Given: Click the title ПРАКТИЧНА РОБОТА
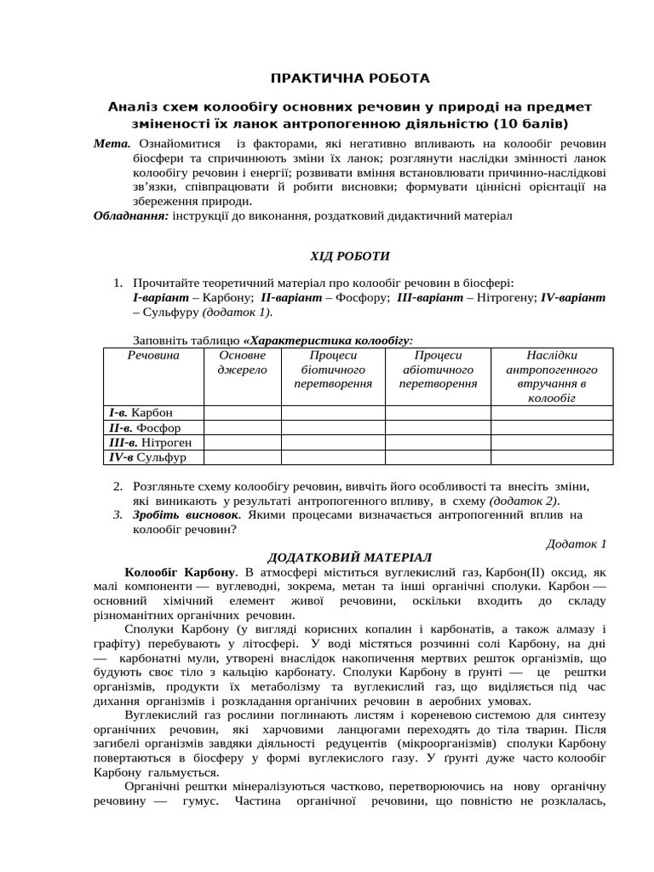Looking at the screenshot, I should [x=350, y=78].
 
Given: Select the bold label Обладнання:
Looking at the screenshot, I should [x=131, y=216].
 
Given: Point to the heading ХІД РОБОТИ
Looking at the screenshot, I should [x=349, y=255].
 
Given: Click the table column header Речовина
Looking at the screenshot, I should [x=153, y=355].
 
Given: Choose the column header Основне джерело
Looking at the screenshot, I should [x=243, y=362].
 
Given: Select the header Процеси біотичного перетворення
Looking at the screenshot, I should [x=333, y=369].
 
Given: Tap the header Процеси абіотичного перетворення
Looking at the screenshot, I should [x=438, y=369].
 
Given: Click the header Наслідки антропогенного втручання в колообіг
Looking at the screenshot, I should [x=552, y=376].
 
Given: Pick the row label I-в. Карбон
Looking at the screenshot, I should [x=140, y=413].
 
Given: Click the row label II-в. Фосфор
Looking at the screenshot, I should [x=144, y=427].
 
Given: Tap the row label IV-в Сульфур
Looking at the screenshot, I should [x=146, y=457].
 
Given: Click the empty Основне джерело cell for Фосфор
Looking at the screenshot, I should [x=243, y=427].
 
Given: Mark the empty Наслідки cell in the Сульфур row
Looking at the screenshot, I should [x=552, y=457].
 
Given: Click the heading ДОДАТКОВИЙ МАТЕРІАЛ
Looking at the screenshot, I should [x=350, y=557].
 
